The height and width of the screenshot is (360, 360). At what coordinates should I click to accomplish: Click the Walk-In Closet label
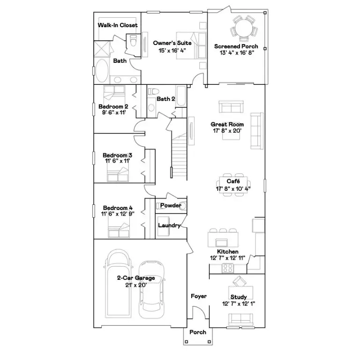(118, 25)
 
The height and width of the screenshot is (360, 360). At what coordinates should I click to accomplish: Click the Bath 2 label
(166, 99)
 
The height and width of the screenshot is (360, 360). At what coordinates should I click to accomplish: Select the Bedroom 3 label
(117, 155)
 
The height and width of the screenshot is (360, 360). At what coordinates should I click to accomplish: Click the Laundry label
(169, 225)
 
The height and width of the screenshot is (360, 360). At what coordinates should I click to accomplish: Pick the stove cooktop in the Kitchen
(227, 269)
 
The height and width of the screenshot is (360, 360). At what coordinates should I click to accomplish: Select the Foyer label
(198, 296)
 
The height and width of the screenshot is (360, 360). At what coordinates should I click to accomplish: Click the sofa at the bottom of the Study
(241, 319)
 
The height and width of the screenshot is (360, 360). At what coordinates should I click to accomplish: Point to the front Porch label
(197, 332)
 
